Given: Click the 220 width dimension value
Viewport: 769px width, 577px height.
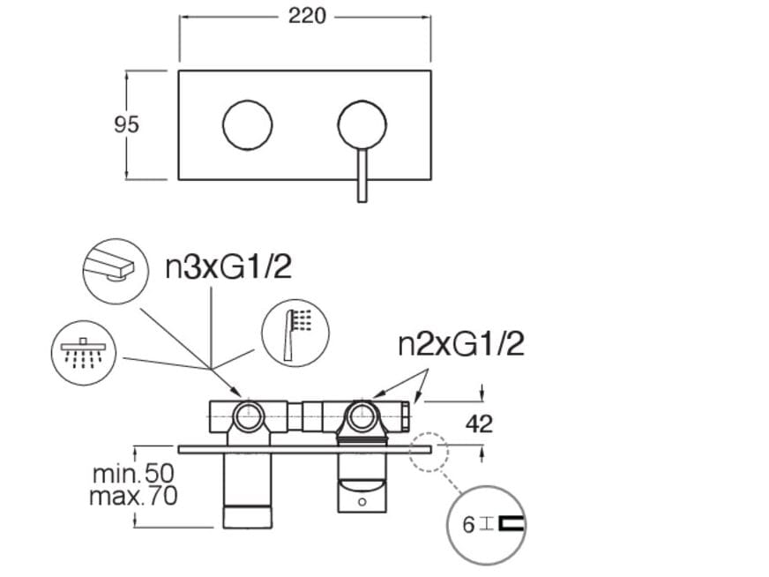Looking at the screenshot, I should pyautogui.click(x=306, y=16).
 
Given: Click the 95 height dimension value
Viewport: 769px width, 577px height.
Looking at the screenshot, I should pyautogui.click(x=127, y=124).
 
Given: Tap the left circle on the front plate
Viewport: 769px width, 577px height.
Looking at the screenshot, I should pyautogui.click(x=248, y=125).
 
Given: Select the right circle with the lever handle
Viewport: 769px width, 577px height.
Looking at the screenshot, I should pyautogui.click(x=362, y=125).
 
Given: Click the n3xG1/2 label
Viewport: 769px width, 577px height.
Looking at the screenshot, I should pyautogui.click(x=228, y=266).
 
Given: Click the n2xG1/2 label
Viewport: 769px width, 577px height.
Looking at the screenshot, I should pyautogui.click(x=461, y=343).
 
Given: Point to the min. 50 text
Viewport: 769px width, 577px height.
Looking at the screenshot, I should pyautogui.click(x=133, y=474).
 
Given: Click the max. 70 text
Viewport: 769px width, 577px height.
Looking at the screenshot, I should pyautogui.click(x=133, y=496).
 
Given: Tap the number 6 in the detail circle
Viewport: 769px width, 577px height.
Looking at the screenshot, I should pyautogui.click(x=469, y=525).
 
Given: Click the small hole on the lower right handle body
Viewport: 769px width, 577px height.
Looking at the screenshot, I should pyautogui.click(x=361, y=502).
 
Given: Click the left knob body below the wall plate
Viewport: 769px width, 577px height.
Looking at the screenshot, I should pyautogui.click(x=246, y=490).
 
